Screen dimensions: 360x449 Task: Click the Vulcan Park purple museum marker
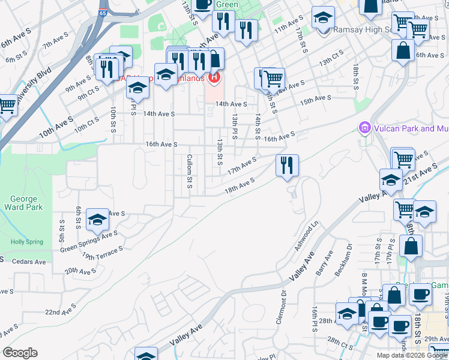[x=363, y=128]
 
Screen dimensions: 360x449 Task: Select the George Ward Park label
[x=23, y=203]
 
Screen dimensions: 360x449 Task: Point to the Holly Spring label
[x=27, y=242]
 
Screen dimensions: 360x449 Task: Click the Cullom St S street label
[x=189, y=171]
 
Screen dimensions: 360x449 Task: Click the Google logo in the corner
[x=20, y=353]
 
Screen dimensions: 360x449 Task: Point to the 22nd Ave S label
[x=61, y=311]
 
